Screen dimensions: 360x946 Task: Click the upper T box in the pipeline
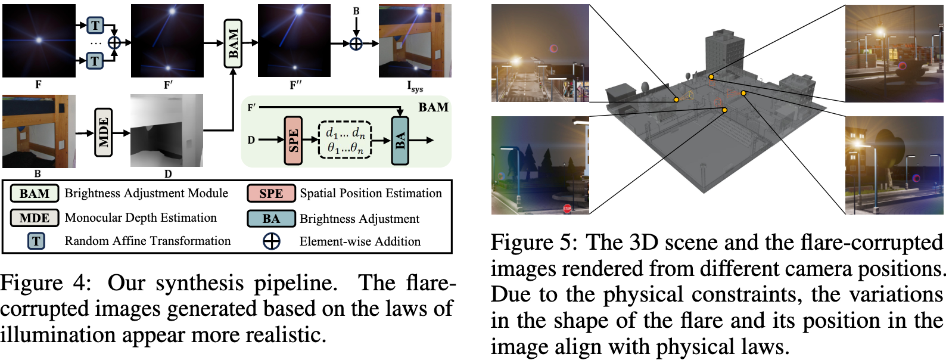point(95,25)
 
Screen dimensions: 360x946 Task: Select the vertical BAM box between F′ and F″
point(233,43)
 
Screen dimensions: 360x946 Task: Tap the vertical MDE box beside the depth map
point(103,132)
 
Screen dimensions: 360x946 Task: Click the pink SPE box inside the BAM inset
point(292,140)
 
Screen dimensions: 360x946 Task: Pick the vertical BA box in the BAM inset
point(400,140)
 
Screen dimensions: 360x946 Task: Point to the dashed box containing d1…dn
point(345,141)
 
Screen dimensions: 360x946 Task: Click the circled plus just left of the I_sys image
point(356,43)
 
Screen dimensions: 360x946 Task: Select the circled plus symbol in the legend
point(272,241)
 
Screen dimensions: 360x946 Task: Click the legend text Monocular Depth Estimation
point(141,218)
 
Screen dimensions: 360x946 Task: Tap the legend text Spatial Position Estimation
point(371,193)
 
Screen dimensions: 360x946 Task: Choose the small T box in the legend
point(36,241)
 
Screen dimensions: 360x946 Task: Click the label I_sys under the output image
point(415,87)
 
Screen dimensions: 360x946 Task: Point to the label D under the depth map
point(168,174)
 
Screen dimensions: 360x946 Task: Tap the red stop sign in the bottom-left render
point(567,209)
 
